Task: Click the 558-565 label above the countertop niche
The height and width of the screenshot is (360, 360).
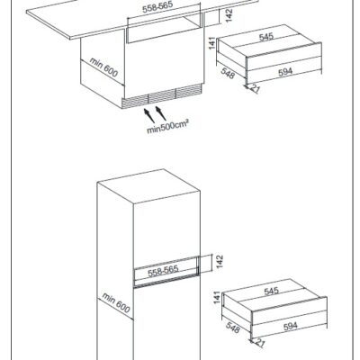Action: [x=154, y=8]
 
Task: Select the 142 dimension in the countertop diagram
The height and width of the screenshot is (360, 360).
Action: [x=229, y=15]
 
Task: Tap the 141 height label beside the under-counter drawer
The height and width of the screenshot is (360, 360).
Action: [x=212, y=43]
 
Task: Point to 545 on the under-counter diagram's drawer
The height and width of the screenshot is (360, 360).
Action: [x=266, y=37]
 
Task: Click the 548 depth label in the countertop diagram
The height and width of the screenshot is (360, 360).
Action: [x=228, y=73]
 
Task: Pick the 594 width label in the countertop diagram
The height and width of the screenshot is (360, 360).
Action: [x=285, y=72]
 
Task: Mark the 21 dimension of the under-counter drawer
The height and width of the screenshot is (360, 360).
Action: [x=255, y=89]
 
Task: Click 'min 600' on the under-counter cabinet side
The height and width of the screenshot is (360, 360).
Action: [x=103, y=67]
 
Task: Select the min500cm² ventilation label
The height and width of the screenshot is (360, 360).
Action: [x=168, y=127]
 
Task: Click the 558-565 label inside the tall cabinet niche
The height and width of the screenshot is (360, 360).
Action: [x=163, y=271]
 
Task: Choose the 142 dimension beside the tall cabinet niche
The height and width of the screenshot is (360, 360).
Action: [x=220, y=262]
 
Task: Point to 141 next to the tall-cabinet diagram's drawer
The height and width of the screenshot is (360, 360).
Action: [x=217, y=297]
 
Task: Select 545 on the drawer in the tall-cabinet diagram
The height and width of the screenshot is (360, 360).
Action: [x=271, y=291]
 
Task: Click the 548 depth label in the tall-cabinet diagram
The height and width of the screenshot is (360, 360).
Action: [x=233, y=328]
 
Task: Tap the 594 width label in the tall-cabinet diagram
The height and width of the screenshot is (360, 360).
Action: [x=291, y=326]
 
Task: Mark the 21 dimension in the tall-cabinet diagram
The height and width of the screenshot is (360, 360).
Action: [x=260, y=343]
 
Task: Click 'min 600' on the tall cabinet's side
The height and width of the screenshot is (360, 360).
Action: [x=116, y=302]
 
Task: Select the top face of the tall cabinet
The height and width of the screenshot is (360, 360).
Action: [x=148, y=186]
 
